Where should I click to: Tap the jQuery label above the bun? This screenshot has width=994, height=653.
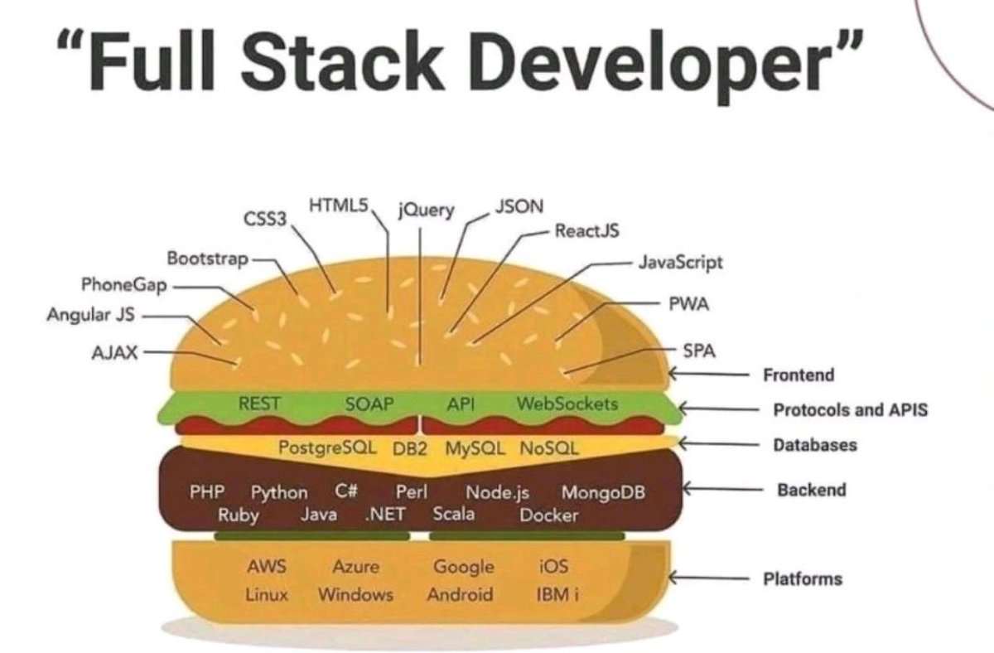pos(426,210)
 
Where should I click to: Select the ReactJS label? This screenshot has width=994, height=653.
pos(586,230)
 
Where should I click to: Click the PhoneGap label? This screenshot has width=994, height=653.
pos(124,285)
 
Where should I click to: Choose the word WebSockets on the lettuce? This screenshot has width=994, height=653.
pos(567,404)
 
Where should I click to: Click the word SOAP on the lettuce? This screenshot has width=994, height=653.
pos(369,404)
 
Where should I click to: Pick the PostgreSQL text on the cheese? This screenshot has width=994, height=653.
pos(328,448)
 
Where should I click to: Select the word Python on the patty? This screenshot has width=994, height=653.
pos(279,492)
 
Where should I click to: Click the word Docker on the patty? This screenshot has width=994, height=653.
pos(548,515)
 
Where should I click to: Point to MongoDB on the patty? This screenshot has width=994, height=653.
pos(603,492)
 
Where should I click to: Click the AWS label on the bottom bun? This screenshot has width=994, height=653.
pos(266,567)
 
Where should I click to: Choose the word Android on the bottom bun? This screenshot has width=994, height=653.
pos(460,594)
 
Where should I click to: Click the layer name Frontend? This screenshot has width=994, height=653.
pos(798,375)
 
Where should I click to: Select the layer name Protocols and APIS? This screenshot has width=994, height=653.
pos(850,409)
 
